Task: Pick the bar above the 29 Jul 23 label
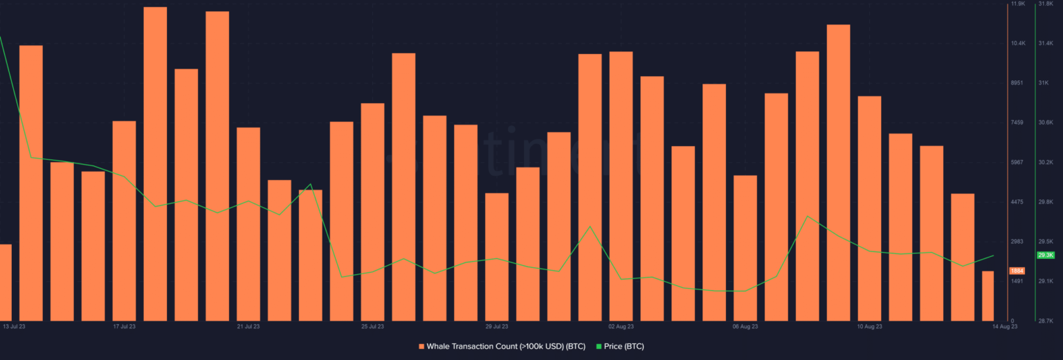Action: [497, 257]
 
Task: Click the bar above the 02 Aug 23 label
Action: [621, 186]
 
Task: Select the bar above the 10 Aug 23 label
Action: [869, 208]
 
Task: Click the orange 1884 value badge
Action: [1017, 271]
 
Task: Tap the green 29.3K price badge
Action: [1045, 255]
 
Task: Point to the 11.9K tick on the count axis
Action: [1018, 4]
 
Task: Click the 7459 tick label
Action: [1017, 123]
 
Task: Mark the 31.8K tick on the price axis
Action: [1046, 4]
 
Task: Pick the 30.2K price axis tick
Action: [1046, 162]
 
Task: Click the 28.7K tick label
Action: [1046, 321]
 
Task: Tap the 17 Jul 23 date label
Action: [125, 326]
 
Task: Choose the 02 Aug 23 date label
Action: [621, 326]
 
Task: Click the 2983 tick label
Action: [1017, 242]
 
